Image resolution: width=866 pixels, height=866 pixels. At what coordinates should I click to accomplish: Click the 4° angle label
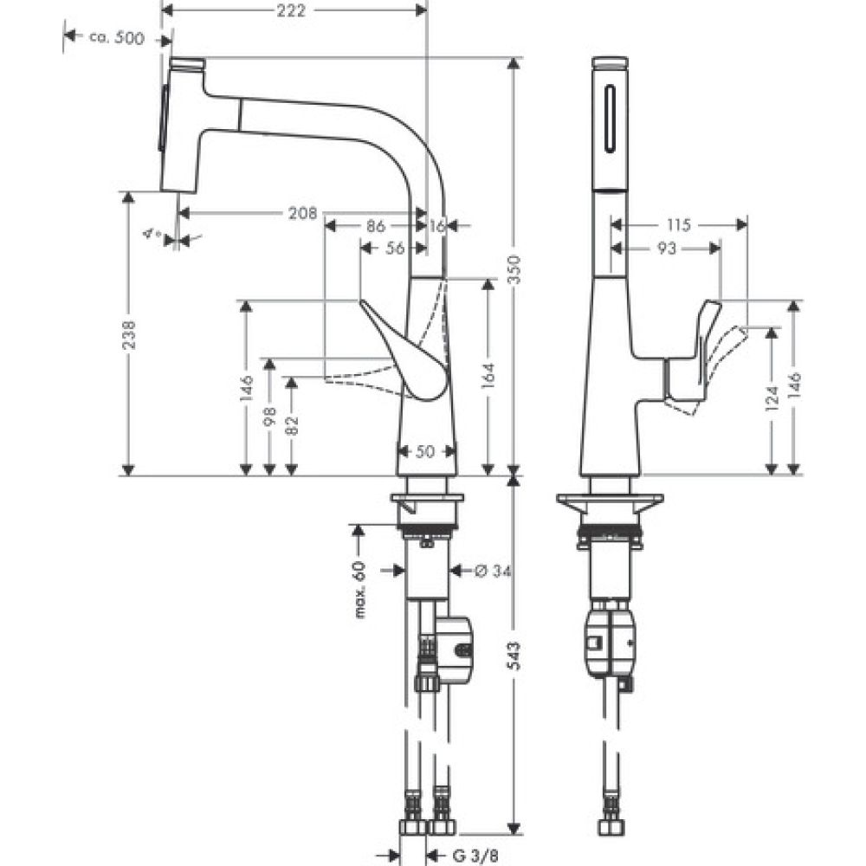[153, 233]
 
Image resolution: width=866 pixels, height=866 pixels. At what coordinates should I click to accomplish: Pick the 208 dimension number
[300, 213]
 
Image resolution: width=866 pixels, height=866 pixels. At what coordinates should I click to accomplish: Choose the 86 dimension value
[375, 227]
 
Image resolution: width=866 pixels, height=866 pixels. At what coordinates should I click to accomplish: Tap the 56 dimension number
[394, 249]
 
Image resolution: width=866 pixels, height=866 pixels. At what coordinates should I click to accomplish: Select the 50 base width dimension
[425, 451]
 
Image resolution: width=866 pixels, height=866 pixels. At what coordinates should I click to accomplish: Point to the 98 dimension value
[269, 417]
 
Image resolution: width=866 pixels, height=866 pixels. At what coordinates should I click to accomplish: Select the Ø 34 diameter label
[492, 570]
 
